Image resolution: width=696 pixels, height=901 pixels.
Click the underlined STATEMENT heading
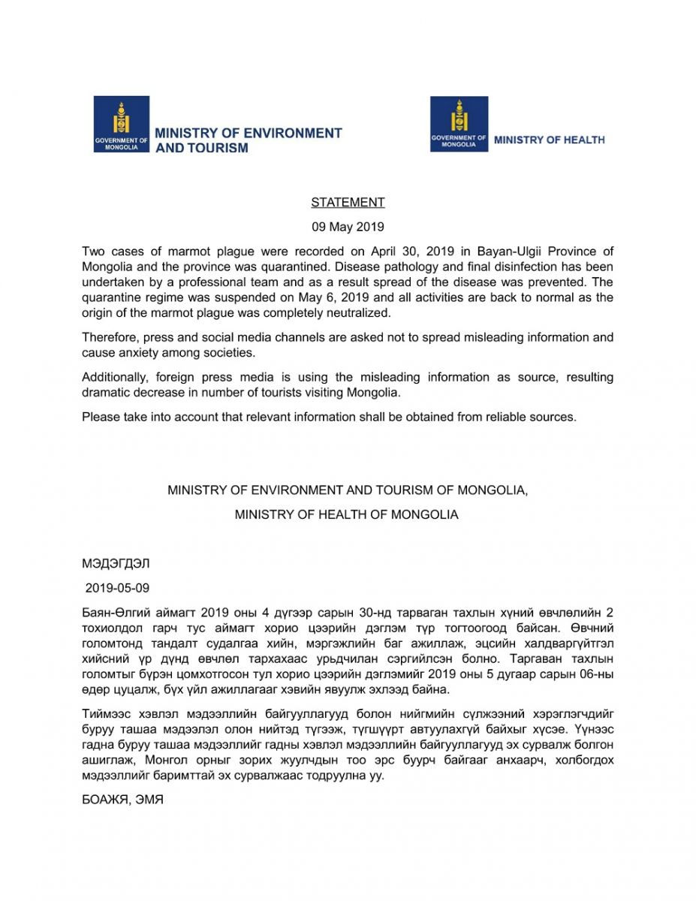coord(348,203)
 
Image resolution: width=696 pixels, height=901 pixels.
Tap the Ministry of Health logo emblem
coord(459,124)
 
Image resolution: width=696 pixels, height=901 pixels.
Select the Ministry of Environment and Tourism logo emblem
coord(121,124)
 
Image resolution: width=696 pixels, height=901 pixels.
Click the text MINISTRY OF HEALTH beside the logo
coord(549,140)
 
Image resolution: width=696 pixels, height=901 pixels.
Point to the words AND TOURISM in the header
coord(201,149)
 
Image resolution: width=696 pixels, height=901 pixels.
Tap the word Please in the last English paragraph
coord(101,417)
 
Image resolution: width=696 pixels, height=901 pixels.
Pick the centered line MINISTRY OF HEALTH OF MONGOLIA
coord(346,516)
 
